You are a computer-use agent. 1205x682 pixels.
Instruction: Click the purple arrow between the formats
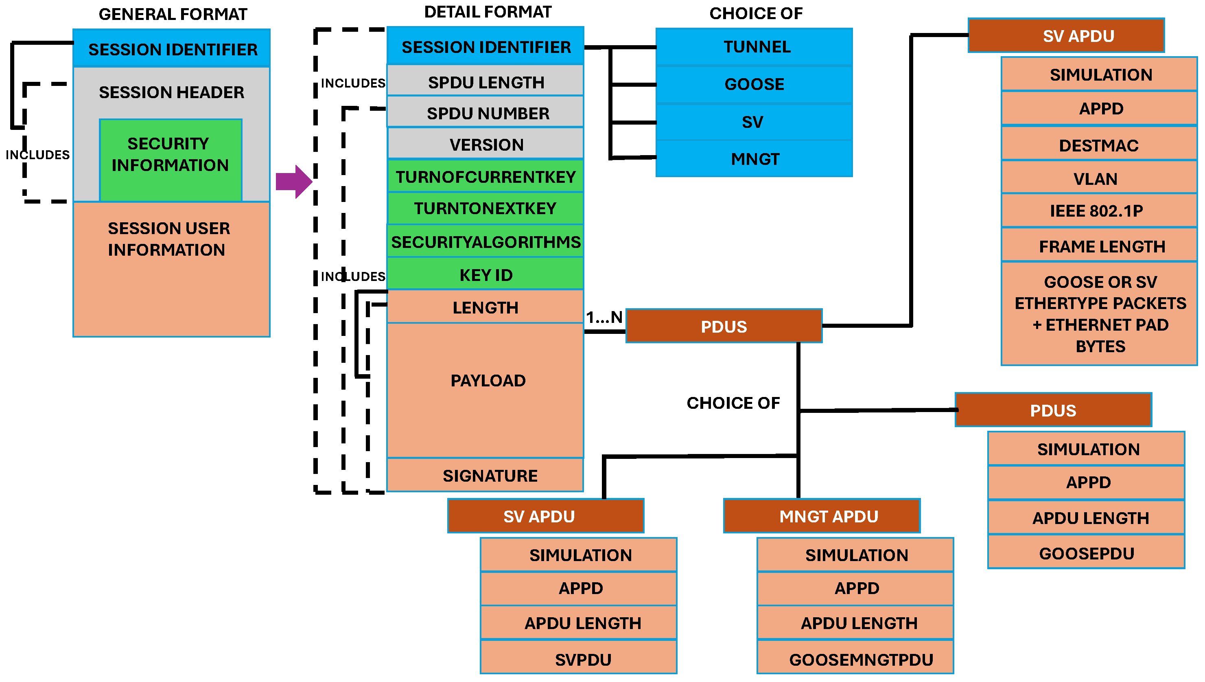pyautogui.click(x=293, y=182)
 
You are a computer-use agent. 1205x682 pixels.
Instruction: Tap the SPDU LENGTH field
pyautogui.click(x=486, y=82)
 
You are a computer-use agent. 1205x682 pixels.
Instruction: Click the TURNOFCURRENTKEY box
pyautogui.click(x=486, y=177)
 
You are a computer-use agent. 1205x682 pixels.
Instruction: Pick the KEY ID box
pyautogui.click(x=486, y=275)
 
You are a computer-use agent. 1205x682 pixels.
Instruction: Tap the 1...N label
pyautogui.click(x=604, y=318)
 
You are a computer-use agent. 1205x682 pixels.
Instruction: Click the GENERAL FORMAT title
pyautogui.click(x=173, y=15)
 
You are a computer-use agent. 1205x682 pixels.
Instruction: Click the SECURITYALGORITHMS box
pyautogui.click(x=486, y=242)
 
